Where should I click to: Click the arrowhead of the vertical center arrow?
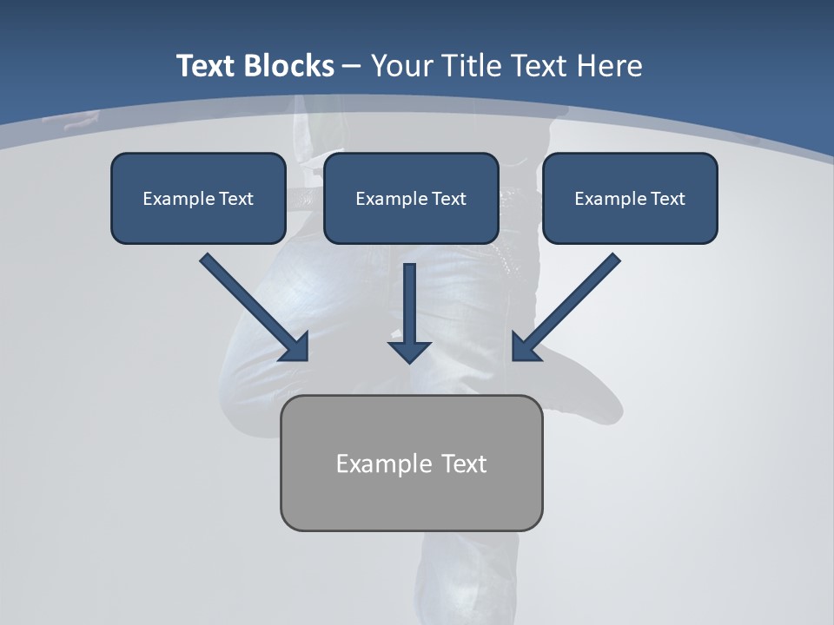409,352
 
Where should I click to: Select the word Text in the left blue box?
235,199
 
